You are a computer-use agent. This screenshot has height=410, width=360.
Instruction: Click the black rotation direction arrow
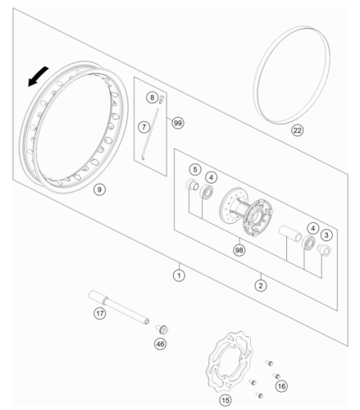(38, 76)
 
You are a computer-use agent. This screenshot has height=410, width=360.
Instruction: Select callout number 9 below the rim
(99, 189)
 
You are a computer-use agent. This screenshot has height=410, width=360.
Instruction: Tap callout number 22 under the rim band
(297, 130)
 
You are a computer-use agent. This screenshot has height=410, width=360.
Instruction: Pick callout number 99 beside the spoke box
(178, 123)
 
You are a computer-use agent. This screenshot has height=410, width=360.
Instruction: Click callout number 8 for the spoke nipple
(153, 98)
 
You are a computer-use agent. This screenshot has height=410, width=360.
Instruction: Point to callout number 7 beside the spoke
(144, 127)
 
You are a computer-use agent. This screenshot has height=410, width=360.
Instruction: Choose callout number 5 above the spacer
(195, 170)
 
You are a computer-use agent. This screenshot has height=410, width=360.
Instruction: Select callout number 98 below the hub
(239, 250)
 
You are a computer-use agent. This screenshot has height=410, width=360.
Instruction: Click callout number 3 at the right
(326, 235)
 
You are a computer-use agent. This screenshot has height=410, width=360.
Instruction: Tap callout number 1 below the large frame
(179, 276)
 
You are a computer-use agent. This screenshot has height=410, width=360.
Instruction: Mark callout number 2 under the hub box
(261, 285)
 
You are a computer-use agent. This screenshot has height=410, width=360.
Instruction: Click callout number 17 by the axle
(100, 313)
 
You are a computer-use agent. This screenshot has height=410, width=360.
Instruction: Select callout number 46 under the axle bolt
(160, 344)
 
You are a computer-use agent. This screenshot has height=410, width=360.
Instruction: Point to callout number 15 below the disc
(226, 400)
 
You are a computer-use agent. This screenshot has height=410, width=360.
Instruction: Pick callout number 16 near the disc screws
(281, 386)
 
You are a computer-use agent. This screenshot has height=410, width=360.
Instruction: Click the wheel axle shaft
(119, 307)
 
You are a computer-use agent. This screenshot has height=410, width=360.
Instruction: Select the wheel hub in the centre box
(246, 212)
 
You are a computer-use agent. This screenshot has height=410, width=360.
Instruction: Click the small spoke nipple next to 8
(162, 99)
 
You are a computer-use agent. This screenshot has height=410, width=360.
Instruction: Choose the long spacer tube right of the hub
(290, 233)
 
